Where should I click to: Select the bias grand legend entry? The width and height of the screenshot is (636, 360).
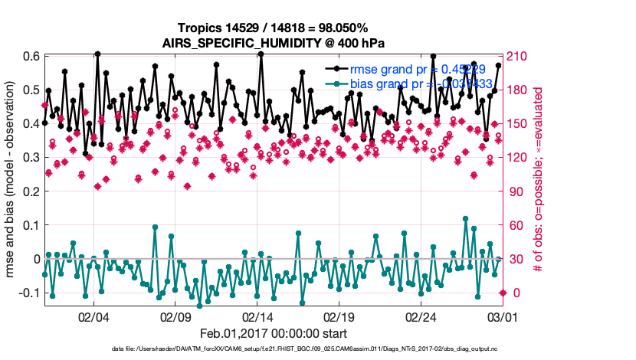tap(410, 83)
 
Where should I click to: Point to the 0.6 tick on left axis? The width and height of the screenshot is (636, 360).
tap(31, 56)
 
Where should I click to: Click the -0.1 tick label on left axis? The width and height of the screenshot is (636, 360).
tap(29, 293)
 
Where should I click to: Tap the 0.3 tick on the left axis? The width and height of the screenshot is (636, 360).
tap(31, 157)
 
